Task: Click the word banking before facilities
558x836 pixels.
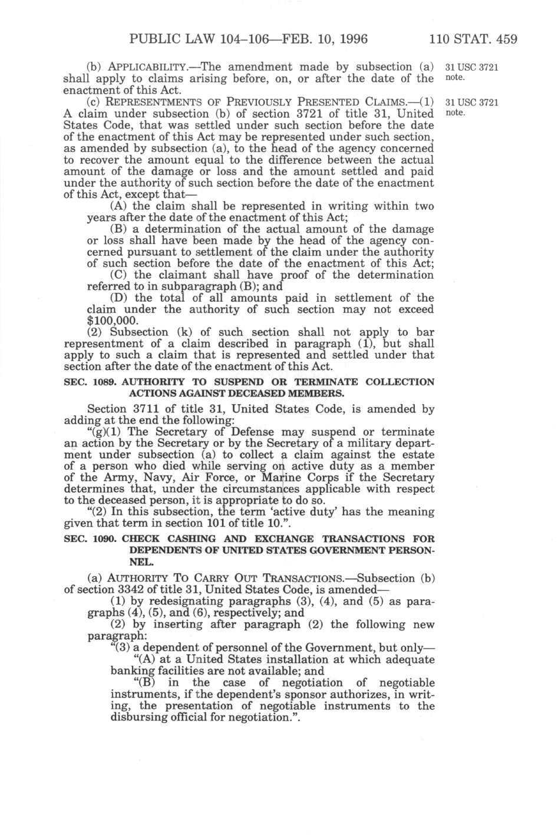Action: tap(131, 670)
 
